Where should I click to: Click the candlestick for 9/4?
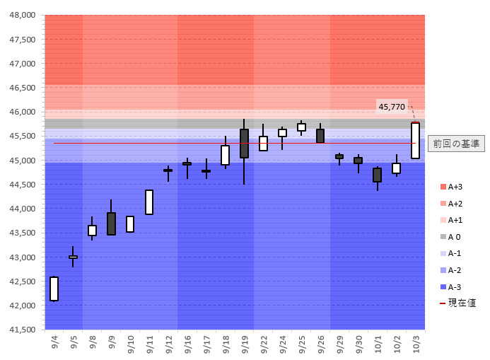[x=54, y=289]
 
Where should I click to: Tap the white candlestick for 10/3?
[x=415, y=140]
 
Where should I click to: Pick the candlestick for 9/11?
[x=149, y=202]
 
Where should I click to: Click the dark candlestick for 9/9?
[x=111, y=223]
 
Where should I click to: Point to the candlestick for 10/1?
[x=377, y=175]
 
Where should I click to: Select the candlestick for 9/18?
[x=225, y=155]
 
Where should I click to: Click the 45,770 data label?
[x=392, y=107]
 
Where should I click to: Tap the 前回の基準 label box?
[x=456, y=144]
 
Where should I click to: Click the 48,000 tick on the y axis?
[x=22, y=15]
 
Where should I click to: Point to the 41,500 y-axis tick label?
[x=22, y=330]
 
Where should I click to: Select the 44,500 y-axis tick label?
[x=22, y=185]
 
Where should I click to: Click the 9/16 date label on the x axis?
[x=187, y=344]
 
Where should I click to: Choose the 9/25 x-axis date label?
[x=301, y=344]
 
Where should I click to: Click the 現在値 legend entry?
[x=457, y=303]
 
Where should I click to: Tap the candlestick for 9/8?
[x=92, y=230]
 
